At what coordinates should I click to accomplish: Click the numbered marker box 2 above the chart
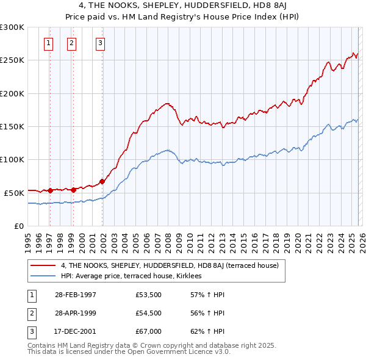click(72, 43)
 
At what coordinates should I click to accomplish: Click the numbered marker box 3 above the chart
click(100, 43)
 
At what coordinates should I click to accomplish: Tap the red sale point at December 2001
click(102, 181)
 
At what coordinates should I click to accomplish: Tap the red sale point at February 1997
click(51, 190)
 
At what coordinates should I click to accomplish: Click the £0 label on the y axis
click(18, 225)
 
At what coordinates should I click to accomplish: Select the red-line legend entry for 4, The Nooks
click(169, 265)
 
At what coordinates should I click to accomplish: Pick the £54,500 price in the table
click(148, 313)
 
